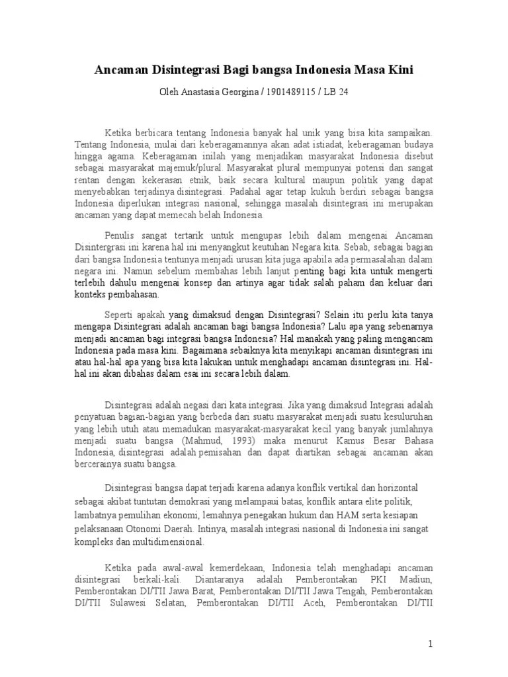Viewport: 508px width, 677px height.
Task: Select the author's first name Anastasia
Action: (204, 92)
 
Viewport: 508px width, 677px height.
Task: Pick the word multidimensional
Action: (168, 543)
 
